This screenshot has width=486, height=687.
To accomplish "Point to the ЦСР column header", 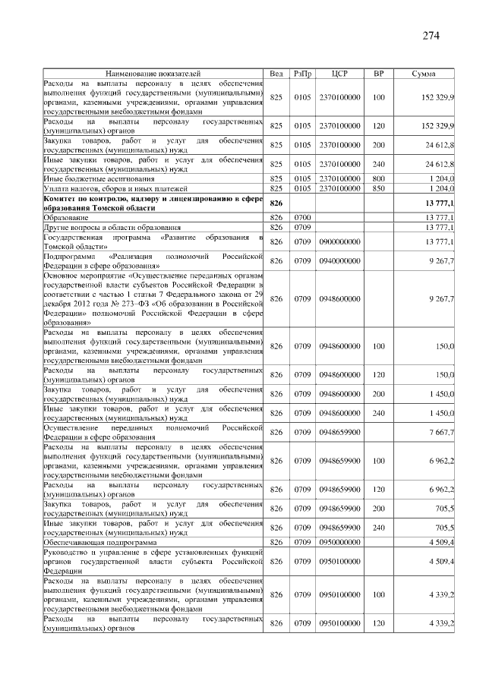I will (x=339, y=74).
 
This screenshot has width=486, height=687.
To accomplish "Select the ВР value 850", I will (x=379, y=187).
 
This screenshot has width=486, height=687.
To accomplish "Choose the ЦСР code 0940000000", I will (x=339, y=260).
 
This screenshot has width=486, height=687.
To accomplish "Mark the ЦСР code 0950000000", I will (x=339, y=542).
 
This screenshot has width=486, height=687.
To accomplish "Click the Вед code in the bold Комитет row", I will (x=276, y=203).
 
